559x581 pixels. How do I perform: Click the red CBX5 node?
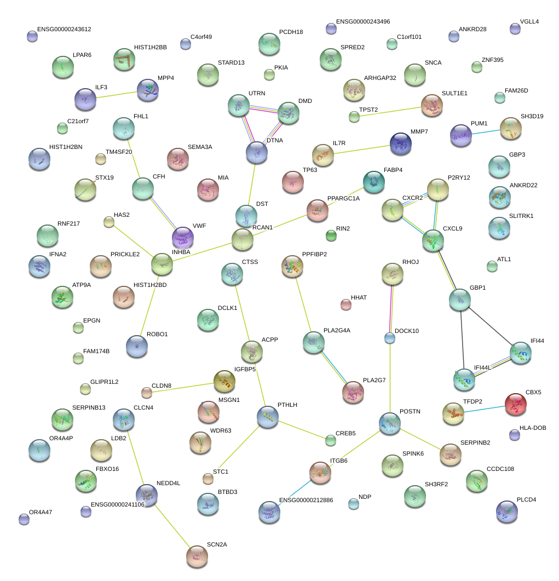coord(515,404)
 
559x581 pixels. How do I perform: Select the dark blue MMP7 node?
coord(401,144)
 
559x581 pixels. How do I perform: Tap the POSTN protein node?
coord(390,424)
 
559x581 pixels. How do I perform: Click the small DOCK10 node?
coord(390,338)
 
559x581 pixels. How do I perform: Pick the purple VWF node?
coord(182,238)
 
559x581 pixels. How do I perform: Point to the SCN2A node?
coord(197,556)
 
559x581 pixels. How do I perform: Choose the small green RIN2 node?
coord(331,236)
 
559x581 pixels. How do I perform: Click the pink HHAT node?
coord(345,304)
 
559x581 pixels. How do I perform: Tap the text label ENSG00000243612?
coord(64,29)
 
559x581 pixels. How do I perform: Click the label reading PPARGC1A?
coord(343,198)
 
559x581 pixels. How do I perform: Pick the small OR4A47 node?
coord(24,519)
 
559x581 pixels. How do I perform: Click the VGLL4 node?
coord(515,28)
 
